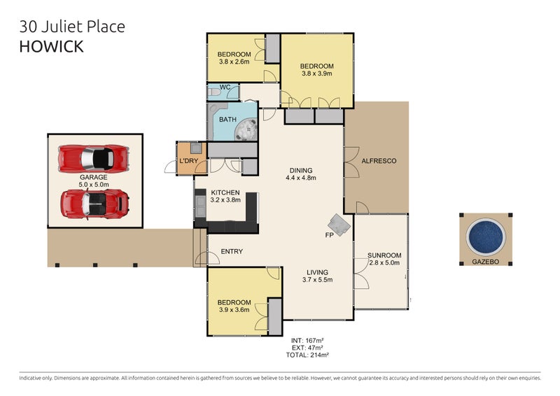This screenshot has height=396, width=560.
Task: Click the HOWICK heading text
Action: [51, 46]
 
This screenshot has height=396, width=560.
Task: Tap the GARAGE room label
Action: [94, 177]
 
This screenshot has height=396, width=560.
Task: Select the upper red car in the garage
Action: [94, 159]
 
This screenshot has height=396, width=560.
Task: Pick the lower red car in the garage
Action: [94, 204]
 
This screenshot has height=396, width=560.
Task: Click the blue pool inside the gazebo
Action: [486, 236]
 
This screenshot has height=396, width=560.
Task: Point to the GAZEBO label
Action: [485, 262]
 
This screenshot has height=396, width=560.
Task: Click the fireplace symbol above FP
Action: [339, 225]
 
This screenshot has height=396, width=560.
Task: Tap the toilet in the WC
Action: [214, 92]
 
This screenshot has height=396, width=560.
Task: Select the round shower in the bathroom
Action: [246, 129]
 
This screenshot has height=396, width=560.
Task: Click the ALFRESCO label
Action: [379, 161]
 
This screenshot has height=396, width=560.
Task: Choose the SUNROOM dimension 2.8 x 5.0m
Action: [384, 263]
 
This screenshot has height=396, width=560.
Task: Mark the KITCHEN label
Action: [225, 192]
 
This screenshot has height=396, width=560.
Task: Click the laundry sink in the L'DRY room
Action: [196, 148]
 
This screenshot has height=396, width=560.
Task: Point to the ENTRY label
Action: [232, 251]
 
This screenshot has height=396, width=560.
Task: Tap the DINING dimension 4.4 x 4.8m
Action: [301, 178]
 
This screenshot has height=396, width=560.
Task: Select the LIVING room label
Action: [317, 272]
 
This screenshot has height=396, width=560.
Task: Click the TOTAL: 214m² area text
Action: [307, 355]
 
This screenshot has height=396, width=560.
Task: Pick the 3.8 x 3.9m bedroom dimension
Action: [317, 73]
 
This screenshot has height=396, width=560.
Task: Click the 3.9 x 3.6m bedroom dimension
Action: [234, 309]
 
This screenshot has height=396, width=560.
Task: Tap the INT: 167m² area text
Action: [307, 341]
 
